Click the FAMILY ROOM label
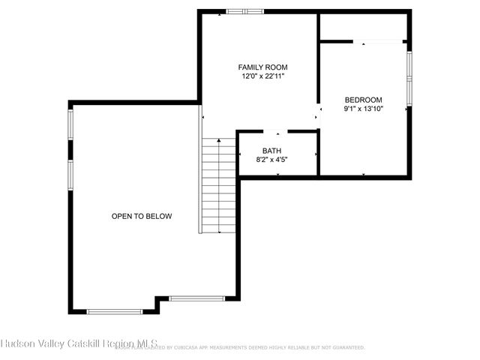(263, 67)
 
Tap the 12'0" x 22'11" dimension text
(263, 76)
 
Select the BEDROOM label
(363, 100)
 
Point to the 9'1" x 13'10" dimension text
(363, 109)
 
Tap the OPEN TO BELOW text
(142, 216)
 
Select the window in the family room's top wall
(245, 11)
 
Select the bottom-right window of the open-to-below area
(192, 298)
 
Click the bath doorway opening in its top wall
(277, 132)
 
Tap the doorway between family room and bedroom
(318, 109)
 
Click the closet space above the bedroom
(363, 26)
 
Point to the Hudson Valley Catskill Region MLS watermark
(79, 343)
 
